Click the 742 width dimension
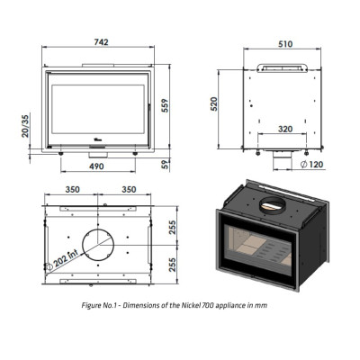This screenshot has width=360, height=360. click(x=101, y=42)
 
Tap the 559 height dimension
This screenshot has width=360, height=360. click(x=165, y=105)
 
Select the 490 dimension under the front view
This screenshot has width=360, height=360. click(x=96, y=166)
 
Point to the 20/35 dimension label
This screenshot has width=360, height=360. click(x=25, y=126)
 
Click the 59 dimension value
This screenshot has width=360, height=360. click(x=166, y=164)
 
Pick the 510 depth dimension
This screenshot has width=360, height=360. click(x=285, y=44)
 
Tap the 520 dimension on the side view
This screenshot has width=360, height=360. click(x=214, y=104)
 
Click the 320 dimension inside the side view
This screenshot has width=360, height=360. click(x=285, y=129)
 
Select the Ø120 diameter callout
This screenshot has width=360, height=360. click(x=312, y=165)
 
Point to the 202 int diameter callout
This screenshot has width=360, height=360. click(x=61, y=260)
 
